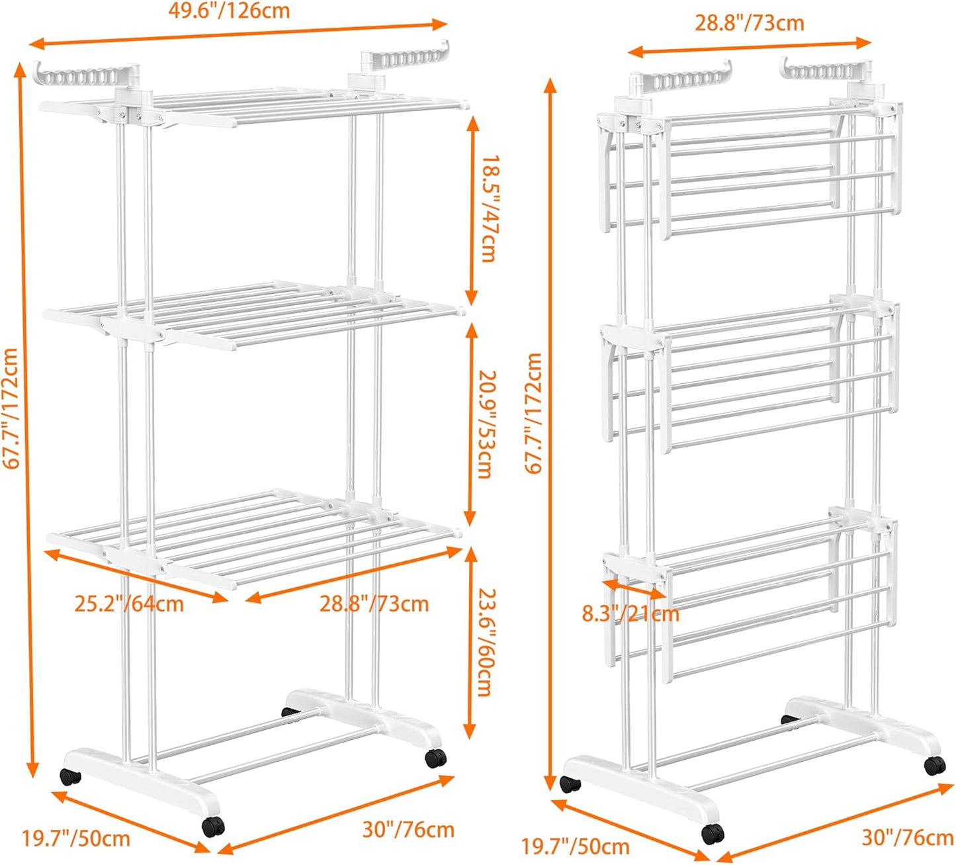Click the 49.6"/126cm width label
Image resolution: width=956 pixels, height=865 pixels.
(x=228, y=11)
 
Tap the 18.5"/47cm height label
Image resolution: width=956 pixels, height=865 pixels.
(x=488, y=209)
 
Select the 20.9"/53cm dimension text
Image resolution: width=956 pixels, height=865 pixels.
(x=486, y=424)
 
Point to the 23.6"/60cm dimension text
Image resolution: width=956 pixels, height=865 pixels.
(x=486, y=642)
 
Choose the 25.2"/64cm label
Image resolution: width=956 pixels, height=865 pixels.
(x=129, y=604)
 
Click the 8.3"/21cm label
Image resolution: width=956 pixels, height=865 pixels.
(x=630, y=614)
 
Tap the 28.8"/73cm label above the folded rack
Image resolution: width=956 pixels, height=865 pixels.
(x=749, y=23)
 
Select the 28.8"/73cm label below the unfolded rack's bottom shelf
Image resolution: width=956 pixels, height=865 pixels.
(x=374, y=604)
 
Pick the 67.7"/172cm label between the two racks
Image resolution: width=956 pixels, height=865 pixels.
(x=533, y=413)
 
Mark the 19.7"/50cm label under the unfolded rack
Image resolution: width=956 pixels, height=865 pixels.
(x=76, y=839)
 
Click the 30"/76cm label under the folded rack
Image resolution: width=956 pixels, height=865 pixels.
(x=907, y=838)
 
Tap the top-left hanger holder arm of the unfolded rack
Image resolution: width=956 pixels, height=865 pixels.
(x=83, y=75)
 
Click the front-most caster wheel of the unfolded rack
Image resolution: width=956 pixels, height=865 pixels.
(x=213, y=827)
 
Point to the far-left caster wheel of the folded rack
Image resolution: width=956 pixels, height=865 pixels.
(x=570, y=784)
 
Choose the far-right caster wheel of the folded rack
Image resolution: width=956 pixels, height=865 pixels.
(x=934, y=766)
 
